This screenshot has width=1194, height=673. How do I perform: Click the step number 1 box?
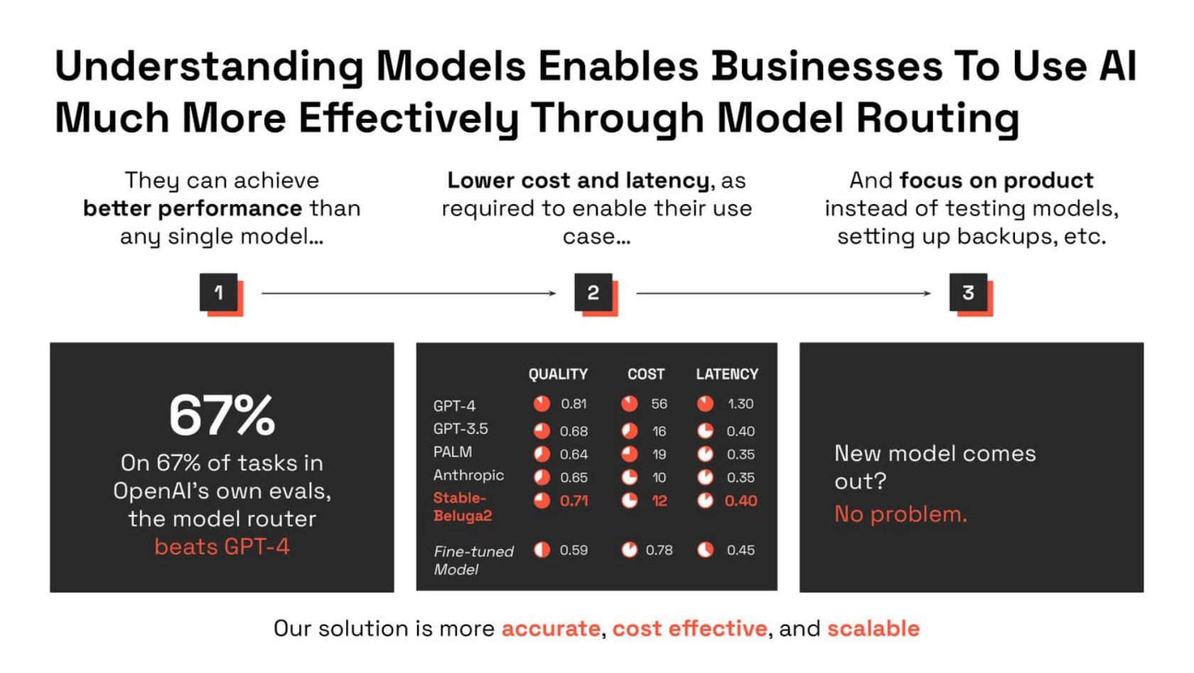point(221,294)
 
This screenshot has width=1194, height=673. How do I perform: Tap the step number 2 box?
point(596,294)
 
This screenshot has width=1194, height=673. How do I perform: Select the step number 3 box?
point(971,294)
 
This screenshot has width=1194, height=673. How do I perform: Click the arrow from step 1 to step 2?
point(408,293)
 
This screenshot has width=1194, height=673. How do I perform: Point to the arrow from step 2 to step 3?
point(783,293)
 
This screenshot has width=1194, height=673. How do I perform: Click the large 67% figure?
point(222,415)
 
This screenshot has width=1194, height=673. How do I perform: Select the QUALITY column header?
point(558,374)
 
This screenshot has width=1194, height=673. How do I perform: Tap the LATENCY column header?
point(727,374)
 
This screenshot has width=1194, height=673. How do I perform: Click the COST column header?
point(646,374)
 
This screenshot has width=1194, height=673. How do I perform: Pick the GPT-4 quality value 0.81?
point(574,404)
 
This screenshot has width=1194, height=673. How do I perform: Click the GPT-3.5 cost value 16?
point(660,430)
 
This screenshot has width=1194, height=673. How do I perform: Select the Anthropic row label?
point(468,475)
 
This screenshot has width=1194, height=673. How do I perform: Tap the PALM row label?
point(453,452)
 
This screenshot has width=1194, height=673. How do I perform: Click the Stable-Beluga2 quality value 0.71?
point(574,501)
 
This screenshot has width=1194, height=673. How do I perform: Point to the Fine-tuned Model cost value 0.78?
point(660,550)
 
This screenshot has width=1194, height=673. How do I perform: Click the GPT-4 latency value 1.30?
point(741,404)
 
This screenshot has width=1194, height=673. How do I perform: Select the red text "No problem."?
point(901,514)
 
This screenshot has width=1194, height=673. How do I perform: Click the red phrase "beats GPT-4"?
point(222,546)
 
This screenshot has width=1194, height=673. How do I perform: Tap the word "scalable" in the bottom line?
point(873,629)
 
